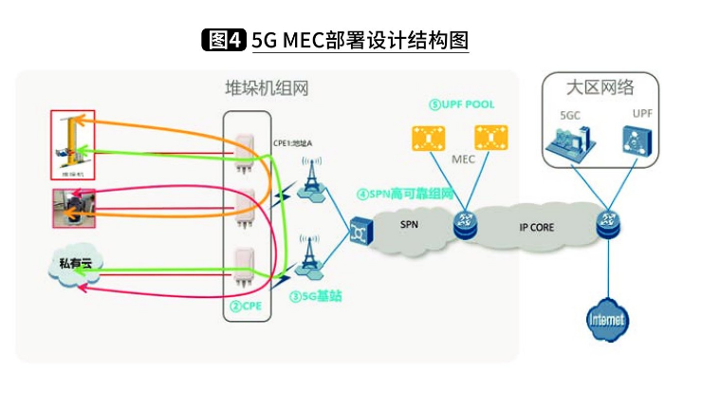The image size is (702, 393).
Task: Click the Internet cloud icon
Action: [x=606, y=318]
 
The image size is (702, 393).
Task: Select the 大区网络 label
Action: [x=600, y=86]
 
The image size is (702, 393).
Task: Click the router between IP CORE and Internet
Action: [x=606, y=226]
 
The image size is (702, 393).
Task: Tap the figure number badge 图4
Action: [x=225, y=40]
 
